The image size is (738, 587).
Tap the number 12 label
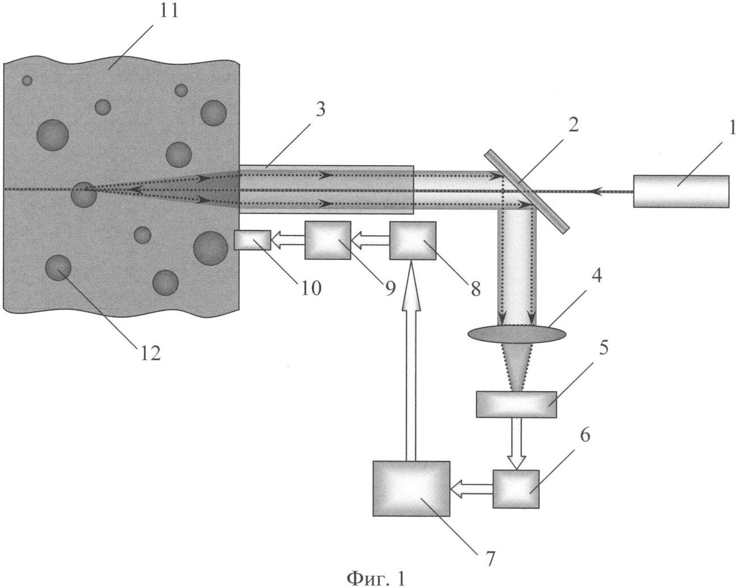(x=151, y=353)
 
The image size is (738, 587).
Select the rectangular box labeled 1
(x=681, y=191)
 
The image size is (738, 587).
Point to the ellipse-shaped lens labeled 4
(x=517, y=334)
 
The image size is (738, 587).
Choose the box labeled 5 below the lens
(x=516, y=404)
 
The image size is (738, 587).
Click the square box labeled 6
(x=516, y=489)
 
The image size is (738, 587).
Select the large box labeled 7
(x=411, y=489)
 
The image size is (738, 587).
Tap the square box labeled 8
(x=413, y=241)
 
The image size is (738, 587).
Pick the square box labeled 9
(x=328, y=240)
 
